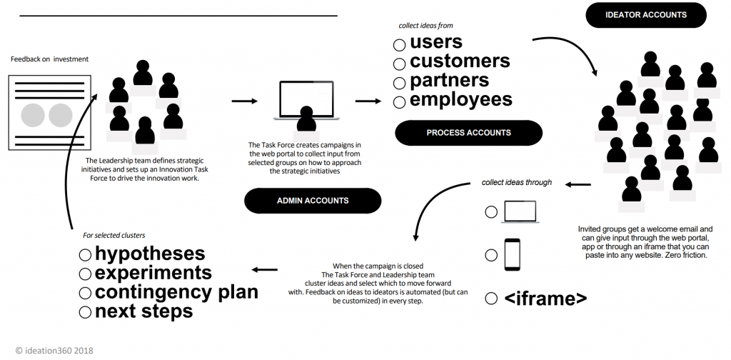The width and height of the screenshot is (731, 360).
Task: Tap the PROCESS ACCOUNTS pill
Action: point(468,133)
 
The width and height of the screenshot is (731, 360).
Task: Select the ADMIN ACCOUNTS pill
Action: point(313,201)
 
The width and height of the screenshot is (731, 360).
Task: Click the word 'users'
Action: point(436,41)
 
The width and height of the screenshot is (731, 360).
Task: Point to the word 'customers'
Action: point(460,61)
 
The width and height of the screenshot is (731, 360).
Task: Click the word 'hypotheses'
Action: point(150,254)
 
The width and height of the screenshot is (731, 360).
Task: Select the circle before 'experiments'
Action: point(85,274)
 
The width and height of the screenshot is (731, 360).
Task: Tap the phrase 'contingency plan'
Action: point(176,292)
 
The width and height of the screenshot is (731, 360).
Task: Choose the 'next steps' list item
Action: point(143,311)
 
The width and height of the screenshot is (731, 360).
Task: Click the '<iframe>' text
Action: point(546,299)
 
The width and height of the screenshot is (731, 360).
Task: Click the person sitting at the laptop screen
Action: point(306,119)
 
